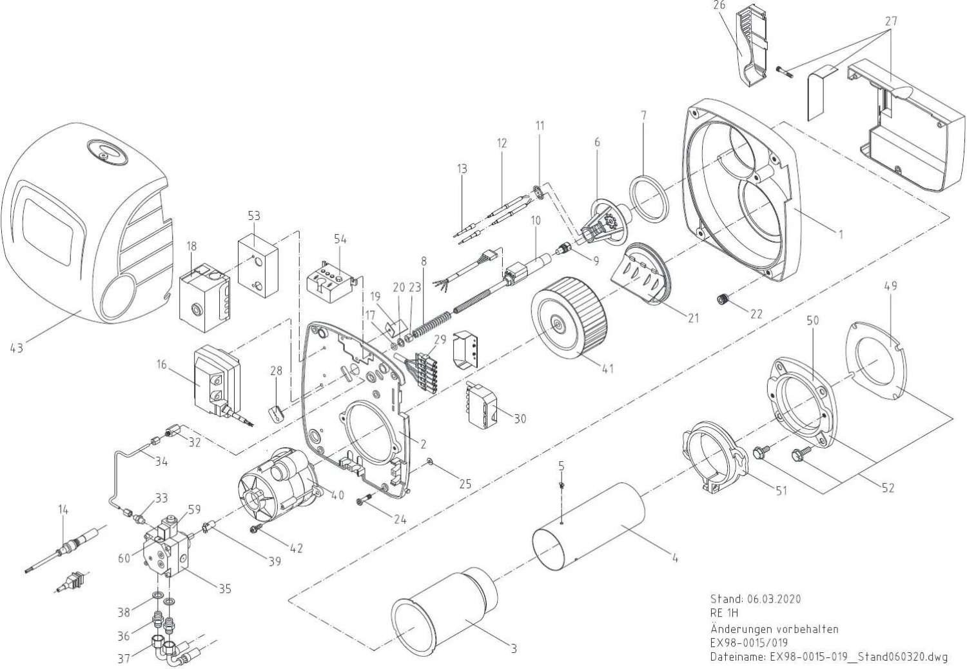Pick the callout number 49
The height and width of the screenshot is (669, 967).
(x=892, y=286)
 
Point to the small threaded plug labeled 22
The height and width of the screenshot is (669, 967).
(x=724, y=299)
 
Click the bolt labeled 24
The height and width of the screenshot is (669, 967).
(x=365, y=497)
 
